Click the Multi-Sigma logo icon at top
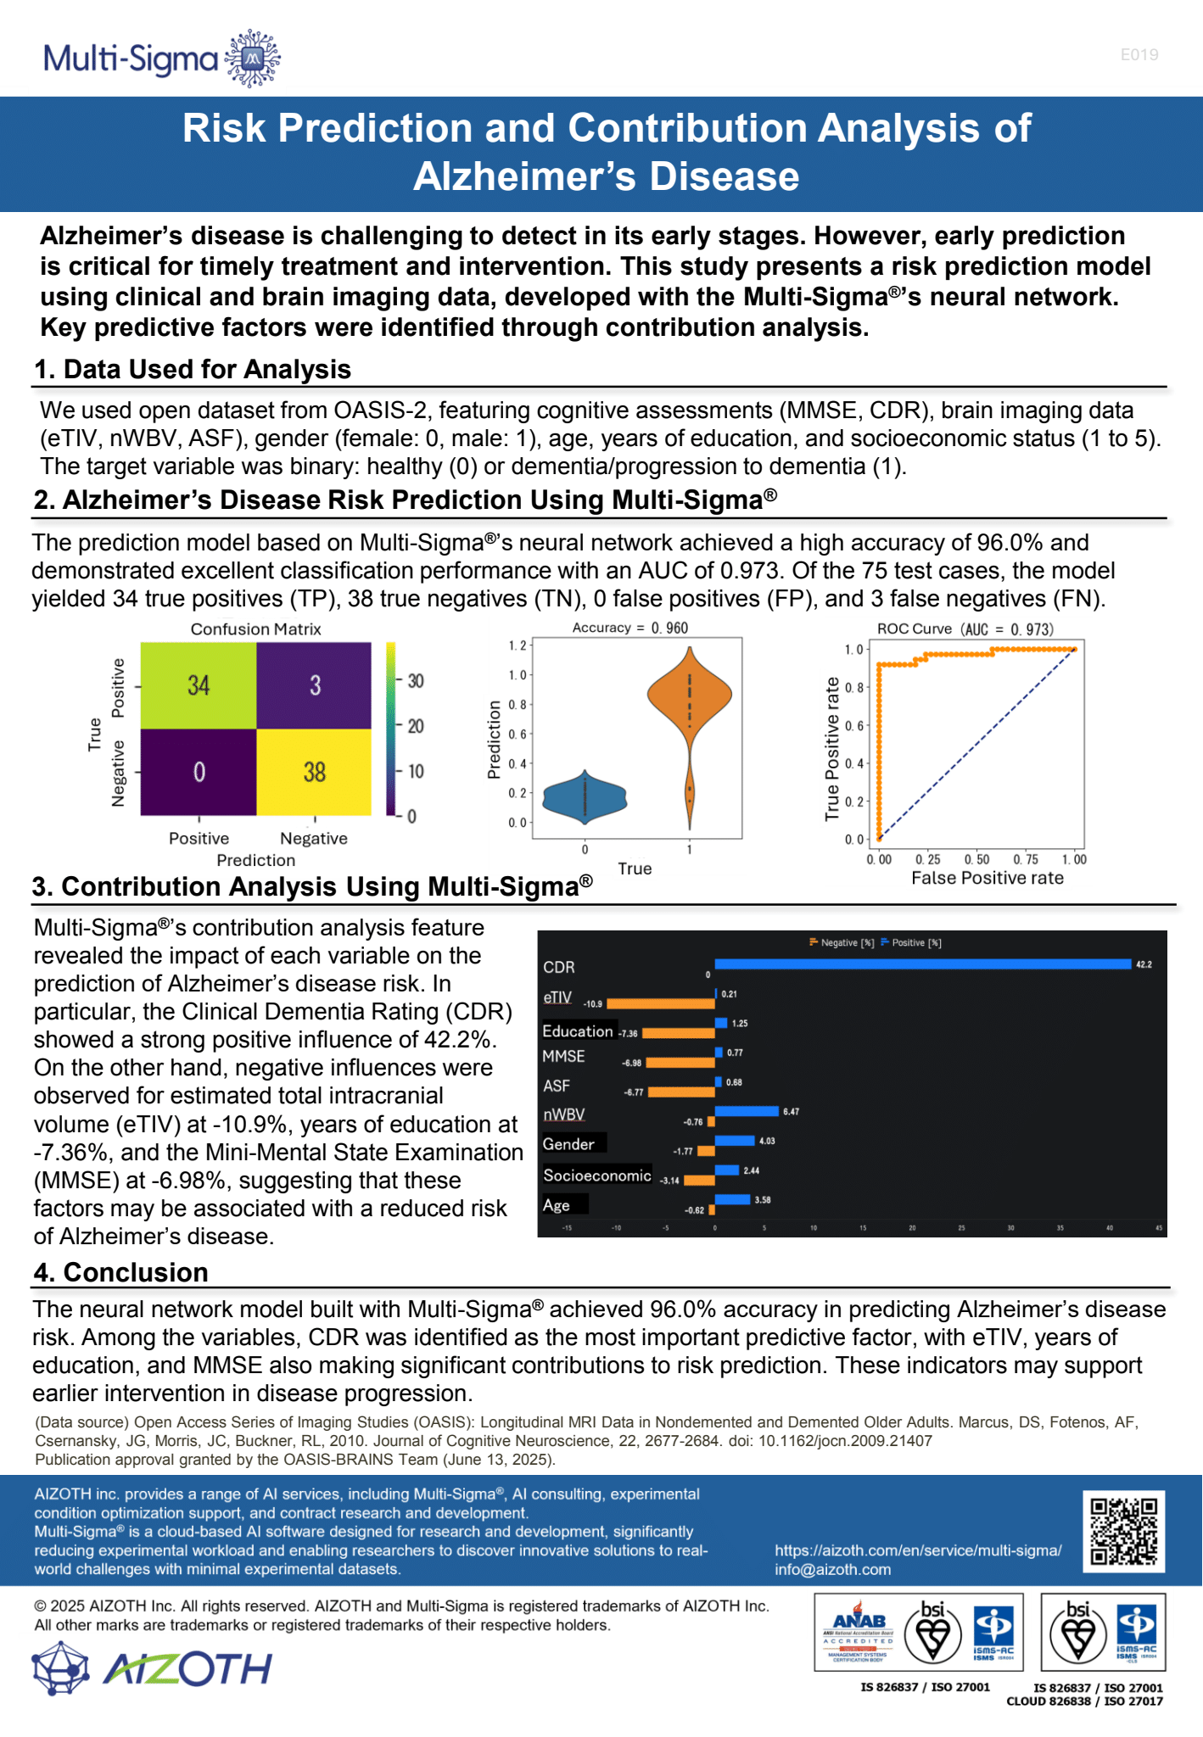(x=252, y=58)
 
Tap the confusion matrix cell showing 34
(x=199, y=685)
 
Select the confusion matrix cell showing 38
(x=314, y=772)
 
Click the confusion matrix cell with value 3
(x=314, y=685)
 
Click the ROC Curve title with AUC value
(x=965, y=629)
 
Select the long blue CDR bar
(x=923, y=964)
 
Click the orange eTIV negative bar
(x=660, y=1004)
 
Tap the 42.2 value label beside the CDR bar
(x=1144, y=964)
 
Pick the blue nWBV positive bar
(x=747, y=1111)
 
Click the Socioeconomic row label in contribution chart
(x=597, y=1176)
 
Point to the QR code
(x=1123, y=1532)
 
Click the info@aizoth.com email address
(x=832, y=1569)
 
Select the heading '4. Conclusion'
(x=120, y=1272)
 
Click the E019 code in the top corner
(x=1139, y=55)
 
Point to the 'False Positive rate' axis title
(x=987, y=879)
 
